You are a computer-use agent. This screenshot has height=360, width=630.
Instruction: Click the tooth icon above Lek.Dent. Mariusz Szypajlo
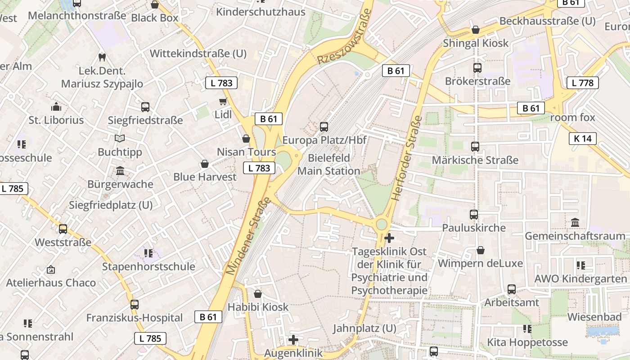coord(102,57)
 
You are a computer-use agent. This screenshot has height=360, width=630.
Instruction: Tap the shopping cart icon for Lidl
coord(223,101)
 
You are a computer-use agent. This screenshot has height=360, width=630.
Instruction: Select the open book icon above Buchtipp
coord(120,139)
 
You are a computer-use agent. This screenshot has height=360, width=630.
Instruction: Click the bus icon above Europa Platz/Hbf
coord(324,127)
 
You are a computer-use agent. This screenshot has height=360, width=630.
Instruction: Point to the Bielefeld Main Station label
coord(328,165)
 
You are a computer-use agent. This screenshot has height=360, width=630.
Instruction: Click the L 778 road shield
coord(582,83)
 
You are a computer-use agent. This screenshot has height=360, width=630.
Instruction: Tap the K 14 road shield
coord(583,139)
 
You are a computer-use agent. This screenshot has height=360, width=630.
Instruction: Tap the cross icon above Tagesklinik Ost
coord(389,238)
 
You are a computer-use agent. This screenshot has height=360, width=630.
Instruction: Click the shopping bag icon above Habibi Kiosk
coord(258,294)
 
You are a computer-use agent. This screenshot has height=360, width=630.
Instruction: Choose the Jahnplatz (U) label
coord(364,328)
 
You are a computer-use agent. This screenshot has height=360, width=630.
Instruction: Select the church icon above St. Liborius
coord(56,107)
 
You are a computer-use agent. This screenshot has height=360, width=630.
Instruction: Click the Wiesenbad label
coord(594,317)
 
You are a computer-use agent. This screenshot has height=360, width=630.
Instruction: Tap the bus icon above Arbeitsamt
coord(511,289)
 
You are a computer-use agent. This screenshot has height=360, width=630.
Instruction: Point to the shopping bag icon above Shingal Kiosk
coord(476,30)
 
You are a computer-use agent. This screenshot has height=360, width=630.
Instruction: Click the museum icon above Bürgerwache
coord(120,171)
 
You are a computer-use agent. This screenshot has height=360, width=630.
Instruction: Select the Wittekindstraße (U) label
coord(198,54)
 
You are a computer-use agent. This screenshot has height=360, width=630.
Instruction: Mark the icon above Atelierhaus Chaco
coord(51,270)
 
